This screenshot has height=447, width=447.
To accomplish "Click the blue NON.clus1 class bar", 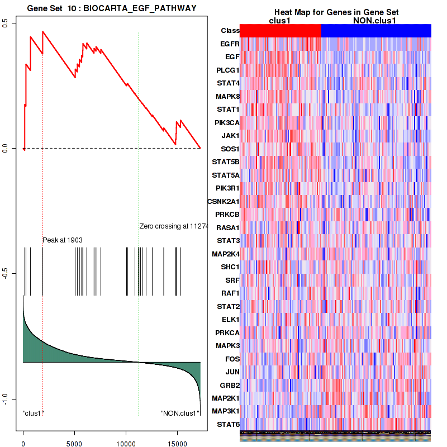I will (376, 31).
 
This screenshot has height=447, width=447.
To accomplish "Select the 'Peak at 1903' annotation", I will (63, 240).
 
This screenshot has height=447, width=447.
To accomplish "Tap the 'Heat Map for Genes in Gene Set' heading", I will (329, 12).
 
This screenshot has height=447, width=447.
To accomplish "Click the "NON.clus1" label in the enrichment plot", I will (180, 413).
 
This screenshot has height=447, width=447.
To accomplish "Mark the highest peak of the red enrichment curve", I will (42, 31).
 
